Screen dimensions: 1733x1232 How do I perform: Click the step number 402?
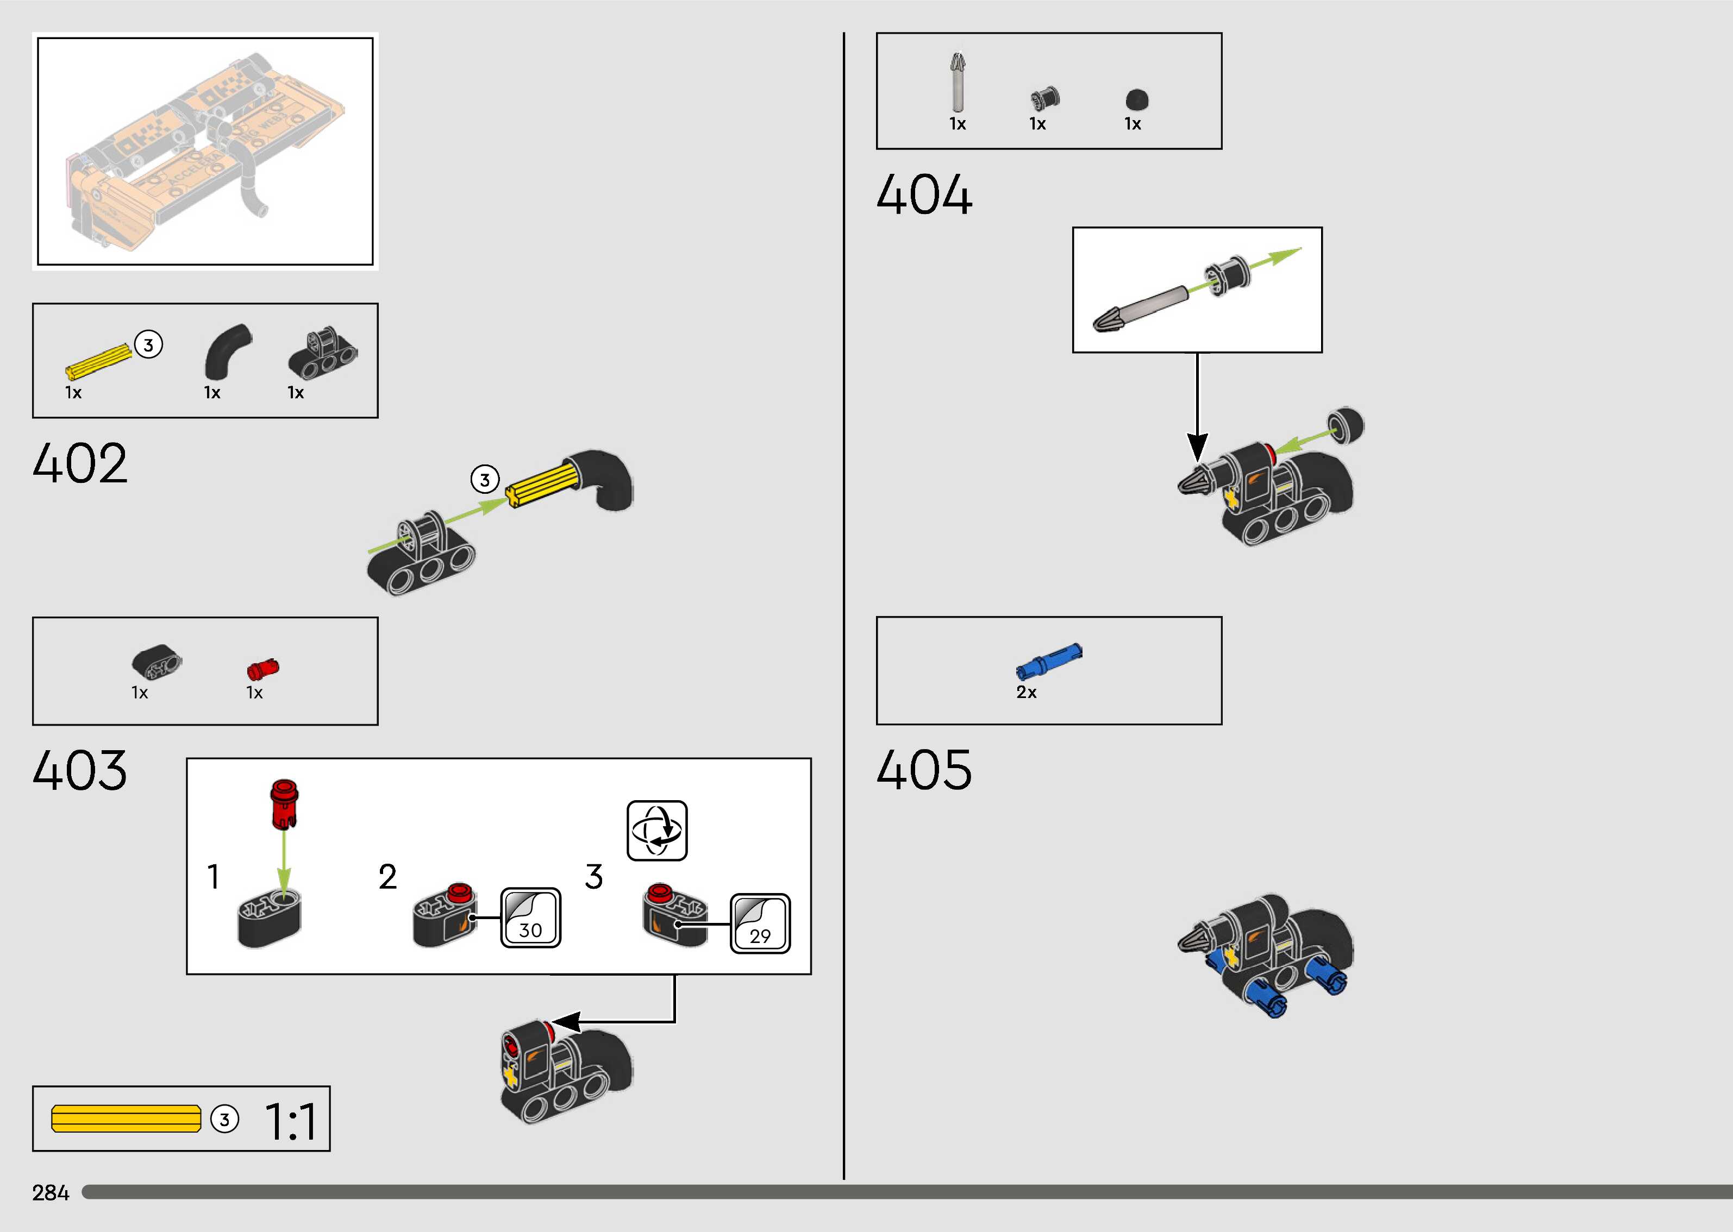[80, 463]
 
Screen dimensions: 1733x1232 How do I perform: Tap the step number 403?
[80, 771]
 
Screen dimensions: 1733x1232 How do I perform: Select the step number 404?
[923, 195]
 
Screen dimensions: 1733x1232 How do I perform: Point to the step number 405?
[923, 770]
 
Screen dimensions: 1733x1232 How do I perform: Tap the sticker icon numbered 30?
[530, 918]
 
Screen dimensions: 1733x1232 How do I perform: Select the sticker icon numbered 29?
[760, 924]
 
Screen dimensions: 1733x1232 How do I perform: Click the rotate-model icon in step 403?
[657, 831]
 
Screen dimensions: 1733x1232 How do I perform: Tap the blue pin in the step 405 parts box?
[1049, 661]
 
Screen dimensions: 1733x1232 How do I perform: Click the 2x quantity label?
[1026, 693]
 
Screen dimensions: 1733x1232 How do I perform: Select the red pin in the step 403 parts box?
[263, 669]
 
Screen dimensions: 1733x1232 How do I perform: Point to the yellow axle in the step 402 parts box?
[99, 362]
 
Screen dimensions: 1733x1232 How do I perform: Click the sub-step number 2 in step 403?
[387, 877]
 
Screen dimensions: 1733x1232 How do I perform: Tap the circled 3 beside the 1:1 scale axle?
[224, 1120]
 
